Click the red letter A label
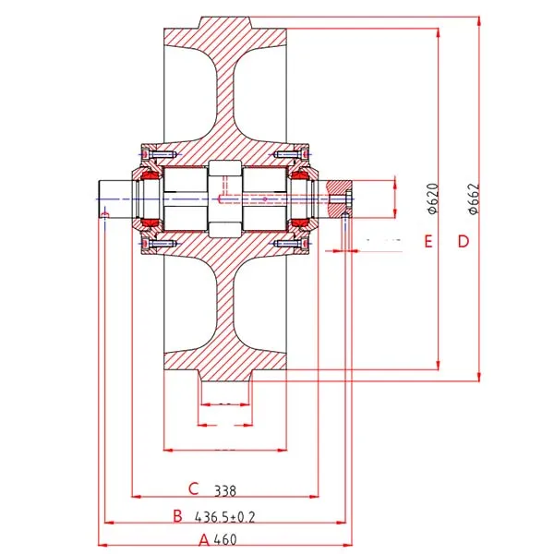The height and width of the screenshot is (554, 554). pyautogui.click(x=204, y=540)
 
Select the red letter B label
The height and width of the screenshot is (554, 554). pyautogui.click(x=177, y=516)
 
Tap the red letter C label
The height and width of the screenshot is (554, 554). pyautogui.click(x=194, y=489)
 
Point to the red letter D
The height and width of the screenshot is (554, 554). pyautogui.click(x=464, y=241)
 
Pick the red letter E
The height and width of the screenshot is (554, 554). pyautogui.click(x=428, y=241)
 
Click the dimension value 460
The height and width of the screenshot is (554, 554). pyautogui.click(x=225, y=540)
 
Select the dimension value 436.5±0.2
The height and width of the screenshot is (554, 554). pyautogui.click(x=224, y=517)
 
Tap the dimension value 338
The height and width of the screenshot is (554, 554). pyautogui.click(x=225, y=491)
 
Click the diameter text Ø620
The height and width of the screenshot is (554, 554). pyautogui.click(x=433, y=199)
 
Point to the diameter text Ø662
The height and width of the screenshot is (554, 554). pyautogui.click(x=474, y=199)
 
